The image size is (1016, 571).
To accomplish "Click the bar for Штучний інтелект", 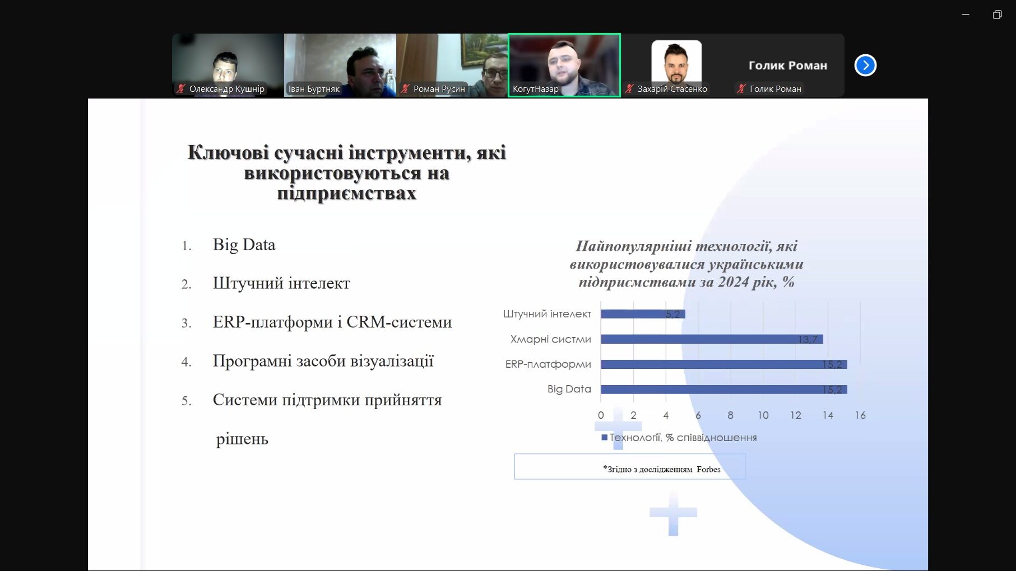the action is tap(643, 313).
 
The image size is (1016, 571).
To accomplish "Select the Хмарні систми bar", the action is tap(712, 339).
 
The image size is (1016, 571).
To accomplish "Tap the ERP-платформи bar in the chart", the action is tap(724, 364).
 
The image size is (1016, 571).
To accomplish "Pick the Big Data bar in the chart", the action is tap(724, 389).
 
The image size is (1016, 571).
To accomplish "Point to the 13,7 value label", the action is tap(808, 339).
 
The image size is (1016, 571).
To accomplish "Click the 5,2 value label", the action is tap(672, 314).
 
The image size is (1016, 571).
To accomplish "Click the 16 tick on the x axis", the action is tap(860, 415).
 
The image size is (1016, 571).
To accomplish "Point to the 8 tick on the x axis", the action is tap(731, 415).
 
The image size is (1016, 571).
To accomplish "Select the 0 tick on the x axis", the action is tap(601, 415).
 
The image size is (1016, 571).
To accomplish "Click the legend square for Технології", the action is tap(604, 437).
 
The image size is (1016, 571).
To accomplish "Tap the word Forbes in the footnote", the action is tap(708, 469).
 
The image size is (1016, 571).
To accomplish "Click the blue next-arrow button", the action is tap(865, 65).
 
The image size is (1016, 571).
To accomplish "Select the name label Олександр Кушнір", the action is tap(227, 88).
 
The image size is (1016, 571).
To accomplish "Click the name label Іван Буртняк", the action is tap(314, 88).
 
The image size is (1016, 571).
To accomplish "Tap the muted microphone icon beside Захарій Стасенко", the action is tap(629, 88).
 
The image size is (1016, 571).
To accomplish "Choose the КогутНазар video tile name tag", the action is tap(536, 88).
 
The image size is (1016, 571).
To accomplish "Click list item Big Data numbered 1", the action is tap(244, 245).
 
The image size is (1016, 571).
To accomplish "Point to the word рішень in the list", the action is tap(242, 439).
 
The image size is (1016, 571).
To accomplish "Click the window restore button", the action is tap(997, 15).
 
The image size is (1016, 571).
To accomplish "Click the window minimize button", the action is tap(965, 15).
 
